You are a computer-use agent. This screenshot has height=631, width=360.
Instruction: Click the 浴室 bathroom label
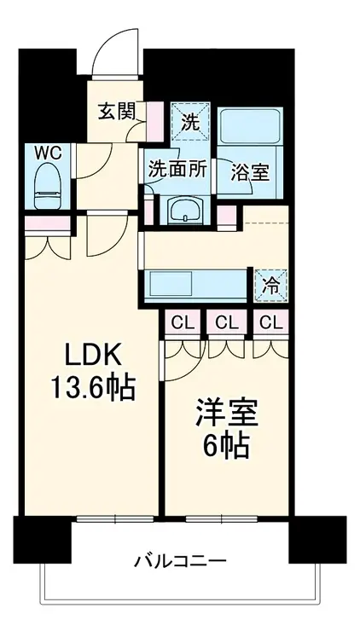point(250,171)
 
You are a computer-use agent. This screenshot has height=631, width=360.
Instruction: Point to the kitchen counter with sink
point(196,284)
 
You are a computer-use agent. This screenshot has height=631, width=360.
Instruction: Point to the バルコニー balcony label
point(180,562)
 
